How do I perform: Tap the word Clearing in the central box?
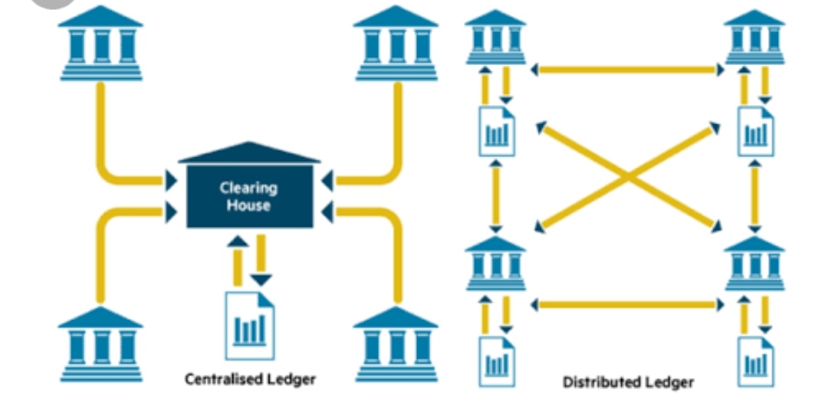[x=248, y=188]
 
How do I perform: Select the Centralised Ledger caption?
[x=250, y=378]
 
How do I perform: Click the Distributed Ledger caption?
[x=628, y=382]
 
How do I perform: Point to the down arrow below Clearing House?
[x=261, y=260]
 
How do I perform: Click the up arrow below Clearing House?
[x=238, y=260]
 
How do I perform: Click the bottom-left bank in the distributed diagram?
[x=495, y=264]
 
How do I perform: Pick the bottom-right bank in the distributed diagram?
[x=754, y=264]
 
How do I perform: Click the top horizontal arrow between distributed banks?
[x=627, y=70]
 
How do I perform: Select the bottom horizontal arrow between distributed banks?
[x=627, y=305]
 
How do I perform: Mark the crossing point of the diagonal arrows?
[x=628, y=179]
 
